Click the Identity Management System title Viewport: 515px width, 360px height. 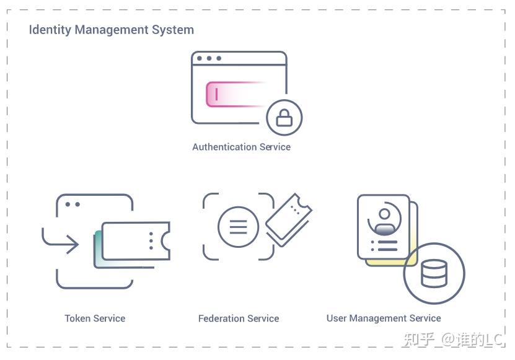coord(111,30)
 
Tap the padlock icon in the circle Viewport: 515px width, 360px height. coord(284,117)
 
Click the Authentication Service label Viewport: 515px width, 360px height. coord(241,147)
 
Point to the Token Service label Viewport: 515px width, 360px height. coord(95,318)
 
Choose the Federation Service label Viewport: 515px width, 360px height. coord(239,318)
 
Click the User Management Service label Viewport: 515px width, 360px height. coord(384,318)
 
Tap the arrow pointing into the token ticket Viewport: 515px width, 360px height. coord(62,242)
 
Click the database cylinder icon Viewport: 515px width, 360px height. coord(434,273)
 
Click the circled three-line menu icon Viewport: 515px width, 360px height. coord(239,227)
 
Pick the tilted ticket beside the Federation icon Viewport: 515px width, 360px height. coord(288,220)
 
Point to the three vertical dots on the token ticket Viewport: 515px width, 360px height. coord(151,241)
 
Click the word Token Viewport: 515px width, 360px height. coord(77,318)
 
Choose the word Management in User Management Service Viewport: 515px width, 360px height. coord(379,318)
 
